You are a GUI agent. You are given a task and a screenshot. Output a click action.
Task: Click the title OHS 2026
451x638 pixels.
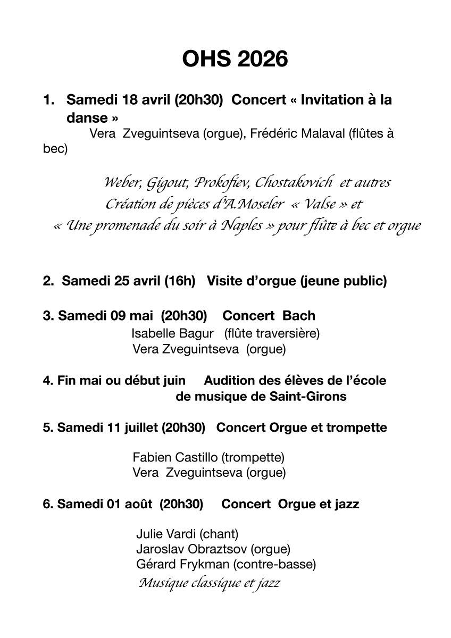(235, 59)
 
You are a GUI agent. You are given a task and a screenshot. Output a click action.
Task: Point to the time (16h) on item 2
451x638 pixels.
(180, 281)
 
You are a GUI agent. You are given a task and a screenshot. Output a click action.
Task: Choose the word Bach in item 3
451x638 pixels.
(299, 315)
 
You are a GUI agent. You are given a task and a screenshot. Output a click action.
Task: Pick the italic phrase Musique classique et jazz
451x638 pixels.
(208, 583)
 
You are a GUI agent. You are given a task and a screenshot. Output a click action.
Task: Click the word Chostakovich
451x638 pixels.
(294, 183)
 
